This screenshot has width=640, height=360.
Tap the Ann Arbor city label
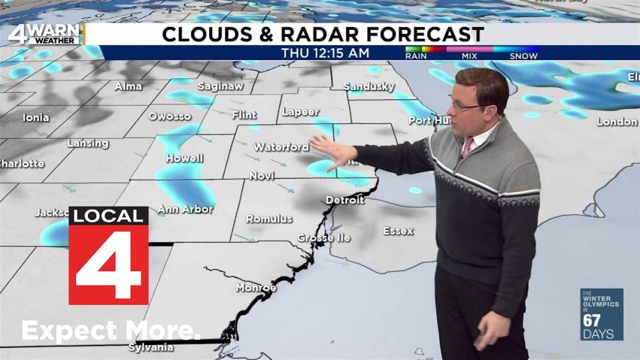(185, 210)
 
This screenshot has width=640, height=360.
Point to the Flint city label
(243, 115)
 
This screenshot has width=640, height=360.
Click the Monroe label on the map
(256, 288)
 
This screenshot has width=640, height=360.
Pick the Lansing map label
(87, 144)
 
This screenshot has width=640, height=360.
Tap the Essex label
(398, 231)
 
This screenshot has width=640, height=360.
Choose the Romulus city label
(269, 219)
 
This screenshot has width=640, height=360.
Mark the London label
(617, 122)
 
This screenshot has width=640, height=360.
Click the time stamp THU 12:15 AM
(325, 53)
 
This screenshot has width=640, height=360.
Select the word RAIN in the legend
(416, 56)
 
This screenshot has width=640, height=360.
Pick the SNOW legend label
(523, 56)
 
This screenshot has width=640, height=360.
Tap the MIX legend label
(469, 56)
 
